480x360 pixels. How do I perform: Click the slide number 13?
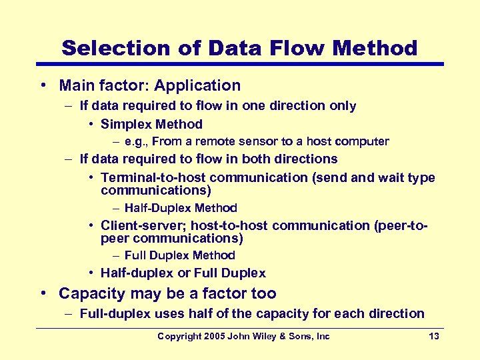pyautogui.click(x=434, y=336)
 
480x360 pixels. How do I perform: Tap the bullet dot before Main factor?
pyautogui.click(x=42, y=85)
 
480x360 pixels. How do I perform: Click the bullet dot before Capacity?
pyautogui.click(x=42, y=293)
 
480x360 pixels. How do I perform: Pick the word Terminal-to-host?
pyautogui.click(x=153, y=177)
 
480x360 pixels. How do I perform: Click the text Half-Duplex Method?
pyautogui.click(x=181, y=208)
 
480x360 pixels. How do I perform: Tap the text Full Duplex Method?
pyautogui.click(x=180, y=255)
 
